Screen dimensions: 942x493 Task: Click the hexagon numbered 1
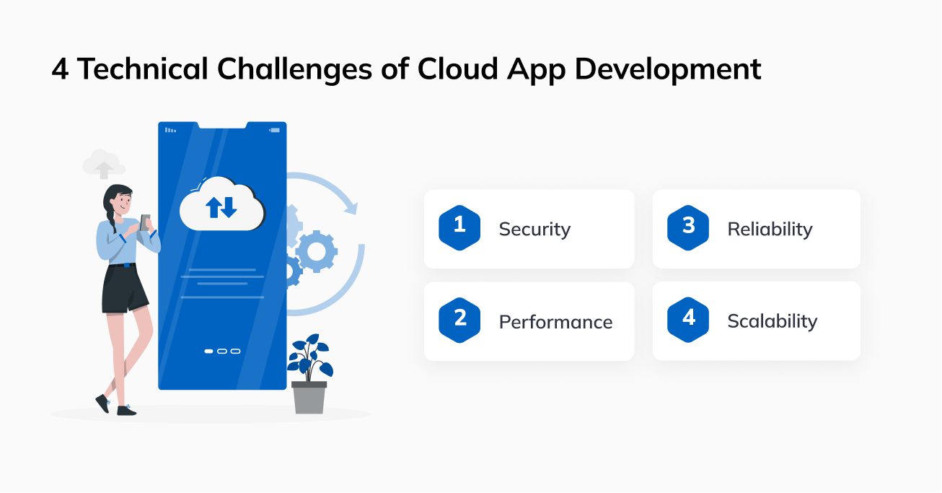pyautogui.click(x=459, y=228)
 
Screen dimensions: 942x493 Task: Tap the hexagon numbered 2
pyautogui.click(x=459, y=320)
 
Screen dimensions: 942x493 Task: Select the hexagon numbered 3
pyautogui.click(x=688, y=228)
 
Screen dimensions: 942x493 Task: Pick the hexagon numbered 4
pyautogui.click(x=688, y=320)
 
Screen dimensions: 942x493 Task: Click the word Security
pyautogui.click(x=534, y=230)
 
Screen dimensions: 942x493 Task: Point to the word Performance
pyautogui.click(x=555, y=322)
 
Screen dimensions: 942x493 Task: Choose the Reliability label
pyautogui.click(x=770, y=230)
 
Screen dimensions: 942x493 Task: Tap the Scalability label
pyautogui.click(x=772, y=322)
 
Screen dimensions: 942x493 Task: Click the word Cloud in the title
pyautogui.click(x=457, y=69)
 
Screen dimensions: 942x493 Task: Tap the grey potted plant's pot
pyautogui.click(x=309, y=397)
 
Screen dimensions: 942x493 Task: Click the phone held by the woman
pyautogui.click(x=145, y=222)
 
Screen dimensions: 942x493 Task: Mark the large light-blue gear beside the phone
pyautogui.click(x=316, y=251)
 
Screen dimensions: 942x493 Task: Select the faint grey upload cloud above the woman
pyautogui.click(x=103, y=164)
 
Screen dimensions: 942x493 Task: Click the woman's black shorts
pyautogui.click(x=125, y=289)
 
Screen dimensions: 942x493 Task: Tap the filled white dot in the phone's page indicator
pyautogui.click(x=208, y=351)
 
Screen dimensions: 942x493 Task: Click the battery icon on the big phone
pyautogui.click(x=275, y=130)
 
